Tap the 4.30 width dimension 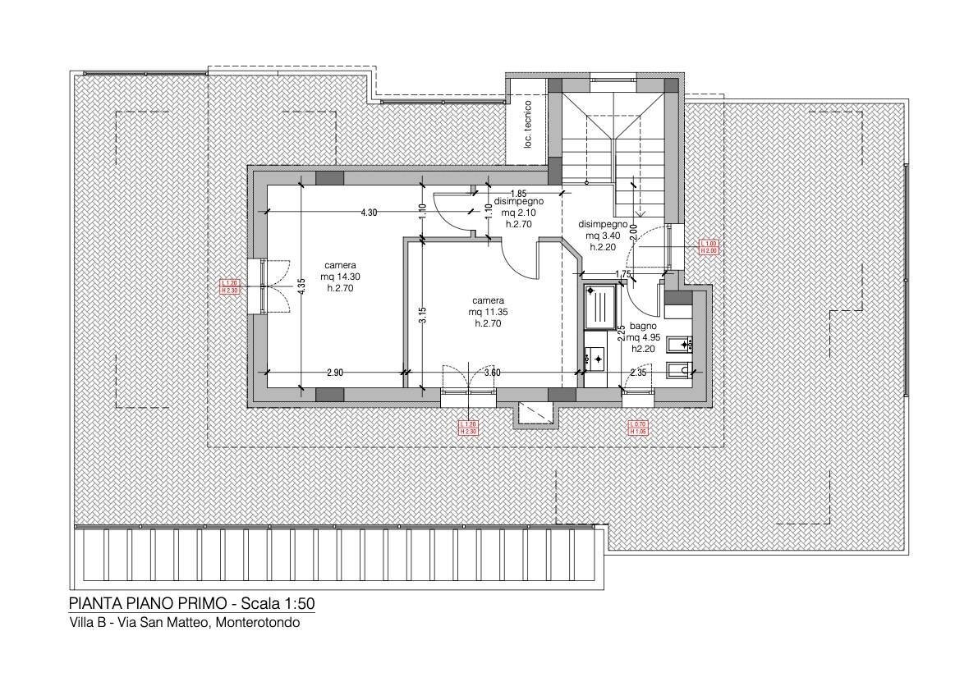coord(369,213)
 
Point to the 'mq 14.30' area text coord(340,277)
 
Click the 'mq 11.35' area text coord(488,312)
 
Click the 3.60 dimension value coord(493,373)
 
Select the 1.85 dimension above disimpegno coord(517,194)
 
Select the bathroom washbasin coord(595,357)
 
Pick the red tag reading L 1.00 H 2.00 coord(709,247)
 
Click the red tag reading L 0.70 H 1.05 coord(638,427)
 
